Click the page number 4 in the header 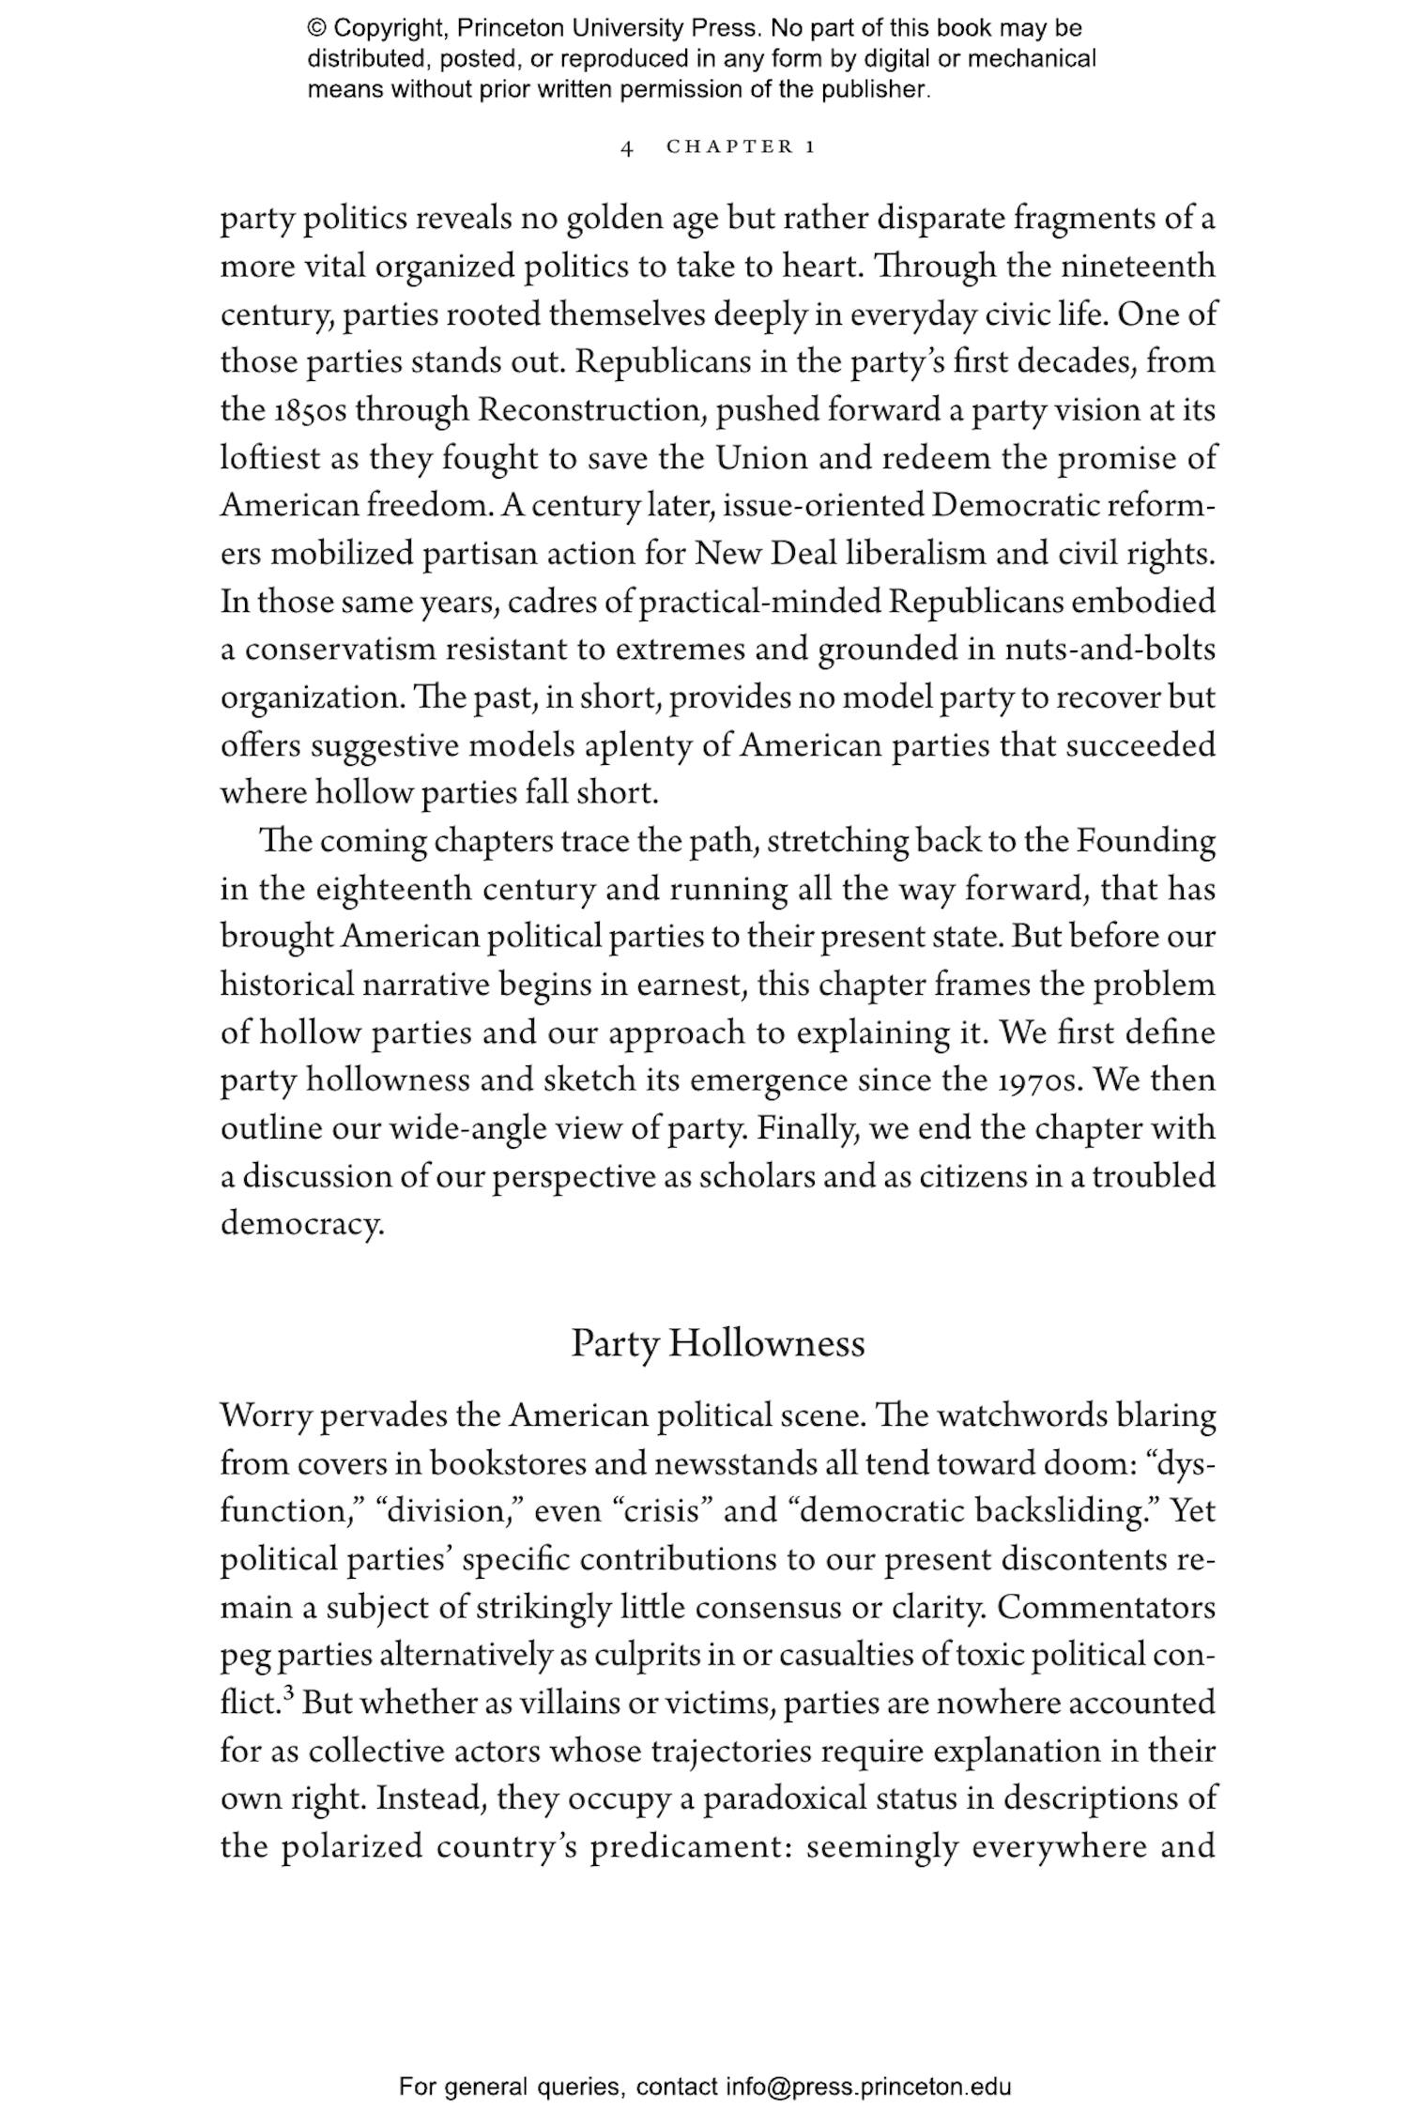pyautogui.click(x=627, y=148)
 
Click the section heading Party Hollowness pyautogui.click(x=717, y=1343)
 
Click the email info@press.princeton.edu pyautogui.click(x=868, y=2087)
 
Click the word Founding pyautogui.click(x=1145, y=841)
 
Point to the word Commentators pyautogui.click(x=1106, y=1608)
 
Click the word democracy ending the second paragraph pyautogui.click(x=301, y=1224)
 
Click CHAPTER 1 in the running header pyautogui.click(x=741, y=147)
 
